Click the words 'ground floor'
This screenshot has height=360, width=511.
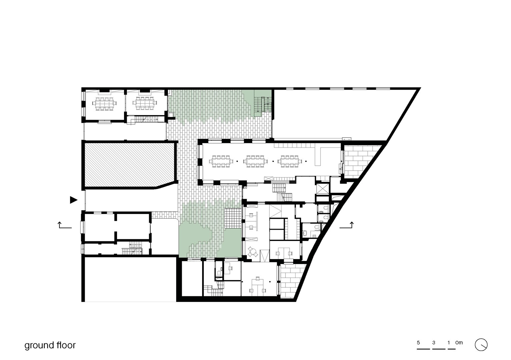50,345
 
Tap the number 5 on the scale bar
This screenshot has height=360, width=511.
418,343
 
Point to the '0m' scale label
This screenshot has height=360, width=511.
459,343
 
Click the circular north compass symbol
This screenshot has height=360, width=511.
481,345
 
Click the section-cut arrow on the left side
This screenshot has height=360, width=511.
65,225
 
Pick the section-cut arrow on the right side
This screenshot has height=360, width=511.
347,225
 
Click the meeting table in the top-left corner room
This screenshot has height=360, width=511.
105,104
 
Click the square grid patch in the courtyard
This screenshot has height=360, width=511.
233,218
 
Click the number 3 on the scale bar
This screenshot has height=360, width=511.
434,343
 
